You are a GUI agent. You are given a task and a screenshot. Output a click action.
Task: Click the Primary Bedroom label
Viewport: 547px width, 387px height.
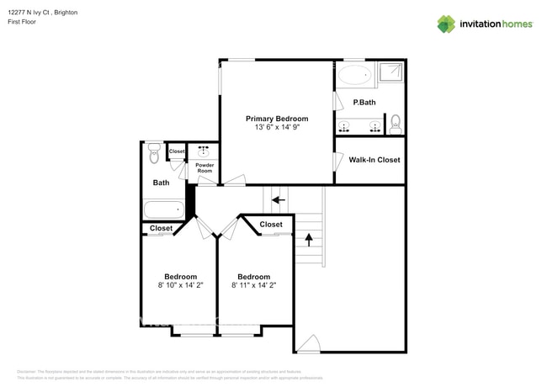click(276, 119)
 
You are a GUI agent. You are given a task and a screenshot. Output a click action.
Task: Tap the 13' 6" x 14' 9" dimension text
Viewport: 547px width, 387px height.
click(276, 128)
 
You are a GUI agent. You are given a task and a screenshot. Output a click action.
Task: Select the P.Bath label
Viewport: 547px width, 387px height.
click(364, 103)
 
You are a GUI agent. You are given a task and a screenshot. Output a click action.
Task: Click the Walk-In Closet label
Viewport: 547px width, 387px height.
click(374, 160)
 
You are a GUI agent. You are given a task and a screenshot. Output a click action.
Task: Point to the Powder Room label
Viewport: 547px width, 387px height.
click(204, 167)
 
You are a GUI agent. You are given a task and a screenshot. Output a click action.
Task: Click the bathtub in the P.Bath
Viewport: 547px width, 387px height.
click(353, 75)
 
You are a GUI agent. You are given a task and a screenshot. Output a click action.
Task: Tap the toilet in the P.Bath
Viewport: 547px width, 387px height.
click(396, 126)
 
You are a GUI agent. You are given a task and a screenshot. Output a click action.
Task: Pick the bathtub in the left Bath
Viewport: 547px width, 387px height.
click(163, 209)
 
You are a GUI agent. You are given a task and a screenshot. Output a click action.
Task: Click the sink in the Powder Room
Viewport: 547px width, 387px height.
click(204, 152)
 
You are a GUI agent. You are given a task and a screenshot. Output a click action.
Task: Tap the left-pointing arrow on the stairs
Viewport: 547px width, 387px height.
click(277, 200)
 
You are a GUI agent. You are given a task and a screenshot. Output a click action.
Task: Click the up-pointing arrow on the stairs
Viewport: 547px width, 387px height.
click(308, 239)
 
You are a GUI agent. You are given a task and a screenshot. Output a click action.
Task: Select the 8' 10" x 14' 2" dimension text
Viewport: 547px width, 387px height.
click(180, 286)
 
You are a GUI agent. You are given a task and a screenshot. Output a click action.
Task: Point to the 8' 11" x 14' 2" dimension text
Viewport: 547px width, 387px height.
click(253, 286)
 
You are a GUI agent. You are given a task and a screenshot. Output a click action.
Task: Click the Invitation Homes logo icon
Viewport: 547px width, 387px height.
click(445, 24)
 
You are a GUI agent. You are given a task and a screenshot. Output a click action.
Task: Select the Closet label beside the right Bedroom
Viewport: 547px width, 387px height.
click(270, 225)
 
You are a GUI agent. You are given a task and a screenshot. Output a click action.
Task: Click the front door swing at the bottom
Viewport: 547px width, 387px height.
click(308, 344)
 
